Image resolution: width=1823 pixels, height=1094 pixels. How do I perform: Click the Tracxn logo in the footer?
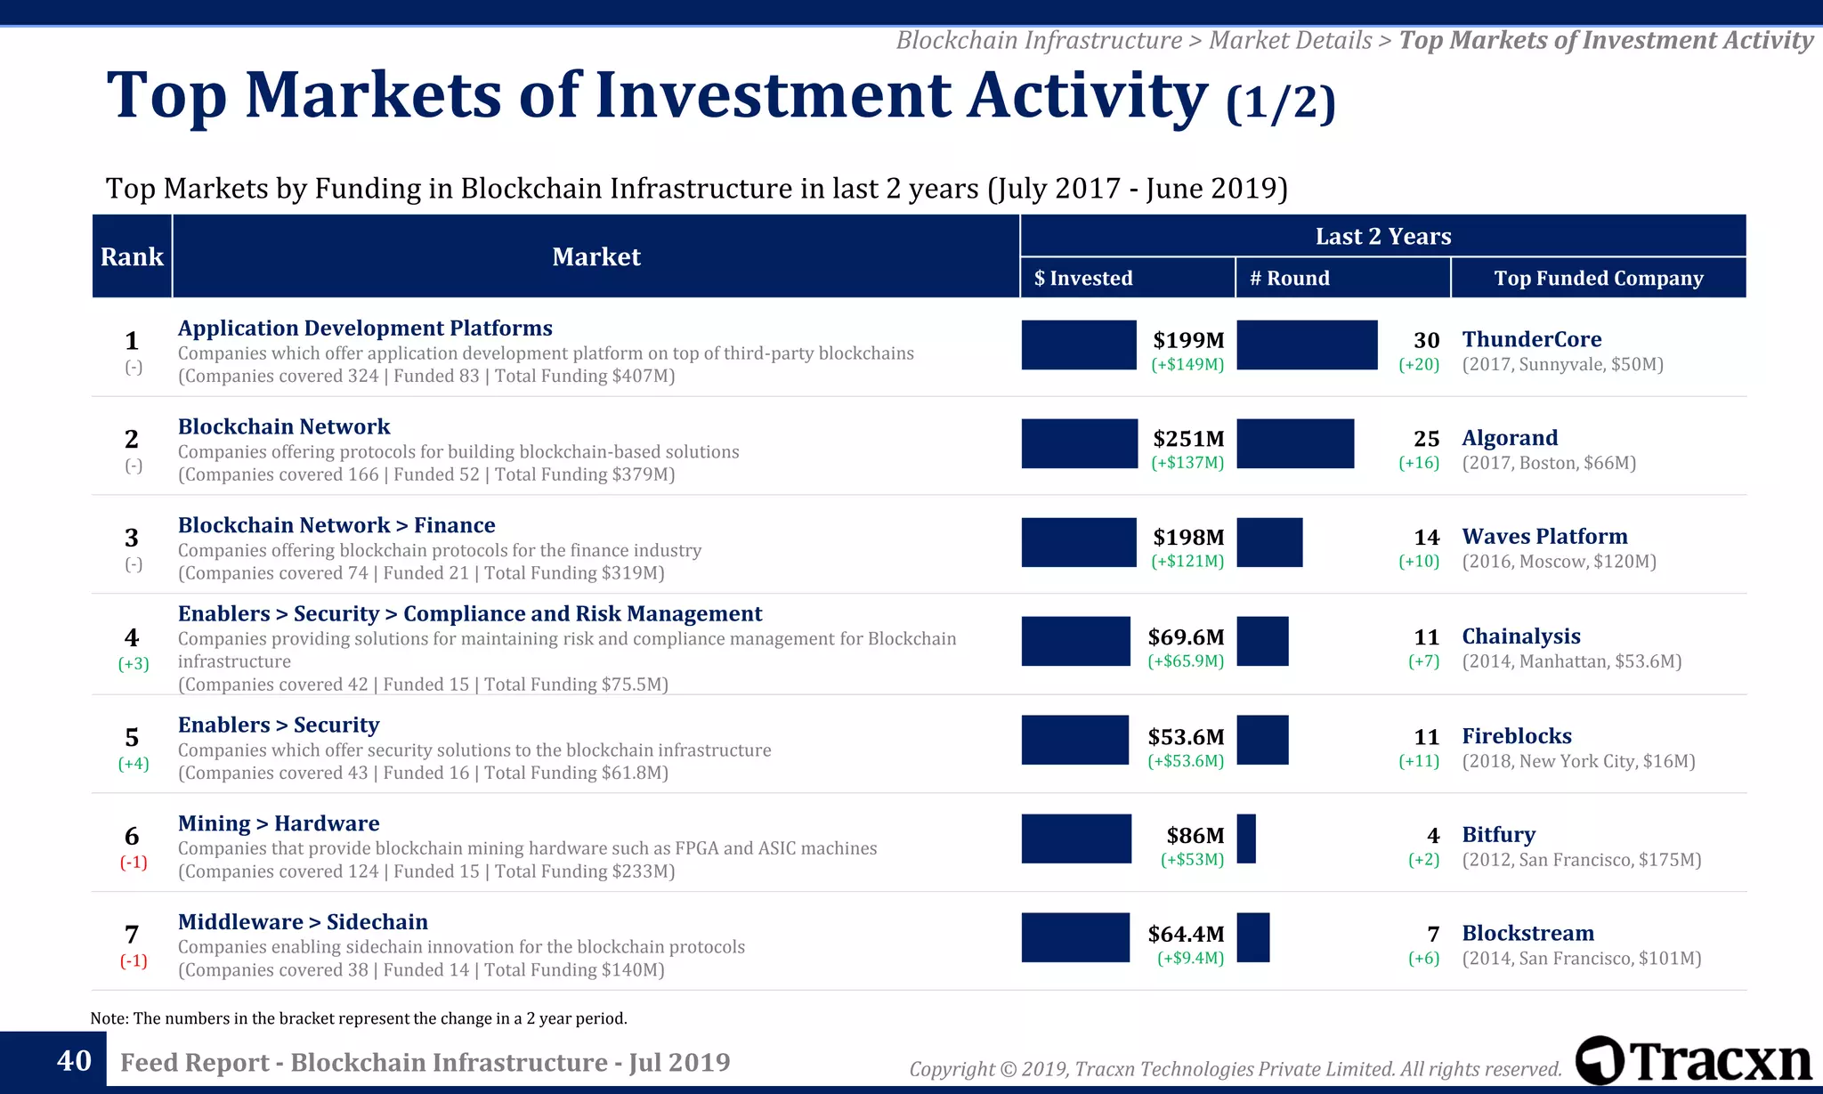pos(1693,1061)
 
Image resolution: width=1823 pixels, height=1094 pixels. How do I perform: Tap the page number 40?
pos(74,1060)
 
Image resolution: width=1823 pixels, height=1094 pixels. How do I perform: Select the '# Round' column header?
pos(1290,278)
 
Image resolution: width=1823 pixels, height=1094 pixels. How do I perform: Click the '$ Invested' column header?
pos(1083,278)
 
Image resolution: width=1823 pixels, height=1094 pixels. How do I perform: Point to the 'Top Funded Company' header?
pos(1598,278)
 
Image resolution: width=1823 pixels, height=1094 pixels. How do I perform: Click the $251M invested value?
pos(1188,439)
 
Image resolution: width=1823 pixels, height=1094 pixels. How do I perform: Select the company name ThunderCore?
pos(1531,339)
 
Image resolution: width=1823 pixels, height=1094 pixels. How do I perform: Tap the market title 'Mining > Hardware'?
pos(279,823)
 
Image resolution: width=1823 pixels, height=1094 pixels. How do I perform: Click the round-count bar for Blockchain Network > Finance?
pos(1269,542)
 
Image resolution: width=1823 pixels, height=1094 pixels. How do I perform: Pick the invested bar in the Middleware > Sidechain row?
pos(1075,937)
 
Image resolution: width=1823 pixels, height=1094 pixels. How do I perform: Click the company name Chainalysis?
pos(1520,636)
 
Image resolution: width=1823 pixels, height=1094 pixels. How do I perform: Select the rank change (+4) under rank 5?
pos(134,763)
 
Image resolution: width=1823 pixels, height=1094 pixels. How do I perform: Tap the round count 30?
pos(1426,340)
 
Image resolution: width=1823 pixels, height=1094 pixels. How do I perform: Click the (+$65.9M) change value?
pos(1186,661)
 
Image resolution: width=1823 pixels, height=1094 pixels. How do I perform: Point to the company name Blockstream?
pos(1527,934)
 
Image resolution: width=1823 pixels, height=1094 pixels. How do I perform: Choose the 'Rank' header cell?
pos(132,256)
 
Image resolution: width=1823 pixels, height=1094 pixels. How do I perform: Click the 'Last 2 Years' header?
pos(1382,236)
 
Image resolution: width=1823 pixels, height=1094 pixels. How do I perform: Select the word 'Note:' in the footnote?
pos(109,1018)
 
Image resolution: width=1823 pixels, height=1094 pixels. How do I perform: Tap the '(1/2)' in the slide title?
pos(1280,102)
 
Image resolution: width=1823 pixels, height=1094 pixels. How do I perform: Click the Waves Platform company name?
pos(1544,537)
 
